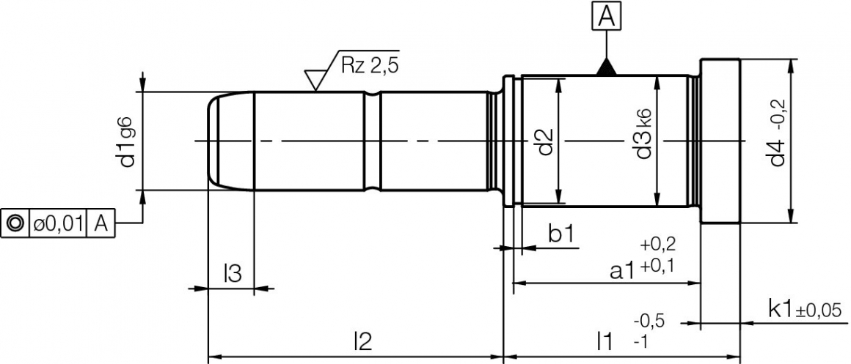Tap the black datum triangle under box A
[605, 67]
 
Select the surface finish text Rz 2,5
[370, 64]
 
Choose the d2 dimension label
[544, 141]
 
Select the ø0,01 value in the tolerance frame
[57, 223]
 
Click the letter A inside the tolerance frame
[101, 223]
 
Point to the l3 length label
[232, 273]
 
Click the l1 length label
[604, 341]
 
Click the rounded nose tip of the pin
[211, 141]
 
